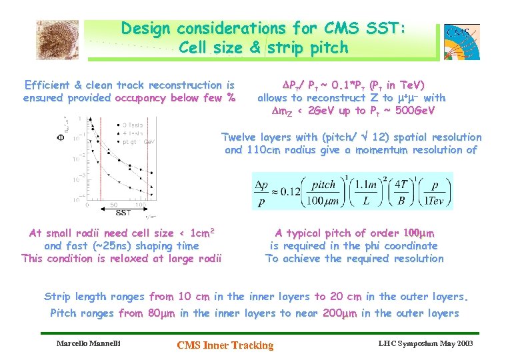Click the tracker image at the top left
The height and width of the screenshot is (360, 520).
point(57,39)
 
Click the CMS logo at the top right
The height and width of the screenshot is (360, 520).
point(462,41)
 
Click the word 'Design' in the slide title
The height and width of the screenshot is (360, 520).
point(145,29)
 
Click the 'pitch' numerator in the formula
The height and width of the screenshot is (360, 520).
point(325,184)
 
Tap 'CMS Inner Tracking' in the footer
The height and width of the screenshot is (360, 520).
point(225,345)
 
